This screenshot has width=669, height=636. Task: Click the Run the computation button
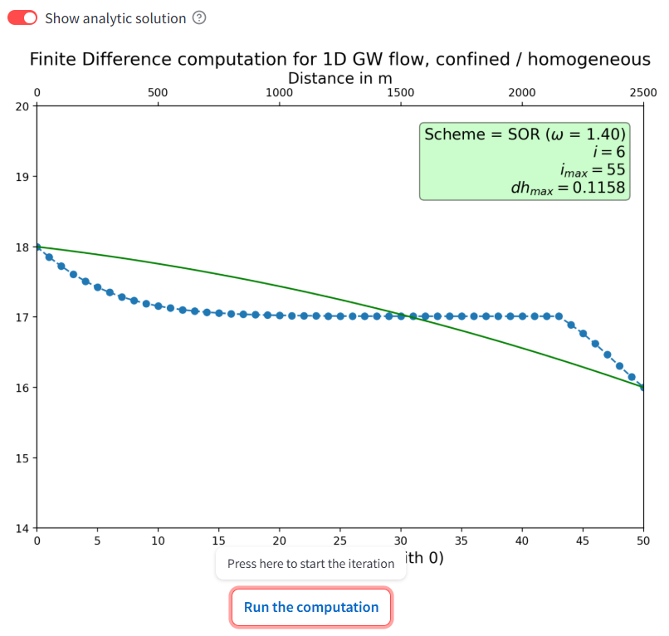pos(311,607)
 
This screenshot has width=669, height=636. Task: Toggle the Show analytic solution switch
pos(22,18)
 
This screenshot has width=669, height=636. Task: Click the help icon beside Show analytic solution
pos(199,18)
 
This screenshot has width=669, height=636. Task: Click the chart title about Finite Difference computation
pos(340,60)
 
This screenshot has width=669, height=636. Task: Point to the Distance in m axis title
pos(340,78)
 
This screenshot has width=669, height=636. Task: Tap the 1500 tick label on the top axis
pos(401,93)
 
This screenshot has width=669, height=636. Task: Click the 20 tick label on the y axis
pos(22,106)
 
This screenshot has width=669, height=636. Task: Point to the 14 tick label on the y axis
pos(22,528)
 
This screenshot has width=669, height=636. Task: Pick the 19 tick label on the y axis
pos(22,177)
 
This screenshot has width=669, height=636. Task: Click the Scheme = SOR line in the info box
pos(525,134)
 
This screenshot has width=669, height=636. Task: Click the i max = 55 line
pos(591,170)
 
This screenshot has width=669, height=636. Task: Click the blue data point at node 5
pos(97,287)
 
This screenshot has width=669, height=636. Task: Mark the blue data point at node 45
pos(583,334)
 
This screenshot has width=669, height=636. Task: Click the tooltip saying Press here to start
pos(310,564)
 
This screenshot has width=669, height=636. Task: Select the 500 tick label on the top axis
pos(158,93)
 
